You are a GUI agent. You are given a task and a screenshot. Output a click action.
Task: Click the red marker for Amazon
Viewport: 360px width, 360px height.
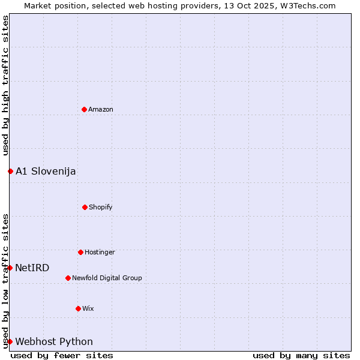[84, 109]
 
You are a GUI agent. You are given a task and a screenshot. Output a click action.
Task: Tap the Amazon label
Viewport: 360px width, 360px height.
[101, 109]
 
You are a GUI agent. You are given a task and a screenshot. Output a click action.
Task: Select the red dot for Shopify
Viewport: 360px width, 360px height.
[85, 207]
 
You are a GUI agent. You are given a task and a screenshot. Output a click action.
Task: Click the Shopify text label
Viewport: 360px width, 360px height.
[101, 207]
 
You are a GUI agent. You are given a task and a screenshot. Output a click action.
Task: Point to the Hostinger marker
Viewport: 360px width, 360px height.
[80, 252]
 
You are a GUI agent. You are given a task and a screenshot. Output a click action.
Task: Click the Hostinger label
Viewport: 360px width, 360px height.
[100, 252]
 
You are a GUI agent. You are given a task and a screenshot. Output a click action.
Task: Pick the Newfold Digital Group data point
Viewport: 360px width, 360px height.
[68, 278]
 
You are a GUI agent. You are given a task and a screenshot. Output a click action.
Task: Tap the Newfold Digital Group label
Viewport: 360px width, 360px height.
[107, 278]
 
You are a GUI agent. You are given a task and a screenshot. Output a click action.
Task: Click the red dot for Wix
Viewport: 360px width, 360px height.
[78, 308]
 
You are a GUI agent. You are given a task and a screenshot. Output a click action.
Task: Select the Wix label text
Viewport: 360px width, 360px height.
[88, 308]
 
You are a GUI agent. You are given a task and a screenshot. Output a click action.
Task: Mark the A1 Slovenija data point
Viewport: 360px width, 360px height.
[10, 171]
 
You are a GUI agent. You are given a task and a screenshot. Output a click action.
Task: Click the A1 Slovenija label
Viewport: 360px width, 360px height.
[46, 171]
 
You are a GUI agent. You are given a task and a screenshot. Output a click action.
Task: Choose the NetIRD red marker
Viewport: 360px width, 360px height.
[10, 268]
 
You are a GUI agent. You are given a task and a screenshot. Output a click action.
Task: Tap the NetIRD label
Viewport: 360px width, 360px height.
[32, 268]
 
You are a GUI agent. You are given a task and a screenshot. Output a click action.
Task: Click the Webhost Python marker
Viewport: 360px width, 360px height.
[10, 341]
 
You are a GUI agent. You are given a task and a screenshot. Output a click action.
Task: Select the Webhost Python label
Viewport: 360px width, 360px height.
[54, 341]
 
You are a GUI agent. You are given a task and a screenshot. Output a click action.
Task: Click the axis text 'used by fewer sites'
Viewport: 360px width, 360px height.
[62, 355]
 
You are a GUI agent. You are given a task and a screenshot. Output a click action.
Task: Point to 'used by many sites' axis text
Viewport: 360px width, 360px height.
[301, 355]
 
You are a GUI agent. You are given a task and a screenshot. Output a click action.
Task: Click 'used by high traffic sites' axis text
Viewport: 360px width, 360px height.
[5, 85]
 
